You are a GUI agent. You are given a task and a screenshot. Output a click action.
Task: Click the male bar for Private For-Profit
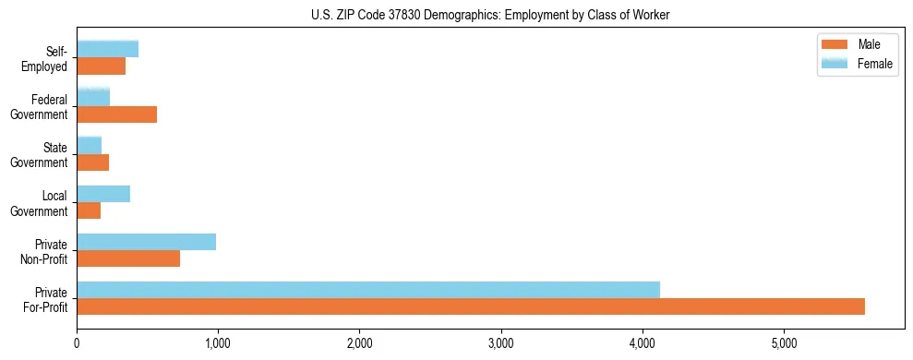click(471, 306)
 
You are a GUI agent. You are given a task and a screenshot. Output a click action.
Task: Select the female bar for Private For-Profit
click(368, 289)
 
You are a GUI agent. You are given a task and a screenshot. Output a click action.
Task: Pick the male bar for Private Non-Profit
click(128, 259)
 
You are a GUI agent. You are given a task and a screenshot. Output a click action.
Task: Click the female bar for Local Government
click(103, 194)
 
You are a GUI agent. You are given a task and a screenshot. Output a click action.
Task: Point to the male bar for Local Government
click(89, 211)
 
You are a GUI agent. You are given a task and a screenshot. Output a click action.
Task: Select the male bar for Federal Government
click(117, 114)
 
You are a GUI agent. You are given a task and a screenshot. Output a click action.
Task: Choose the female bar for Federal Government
click(93, 97)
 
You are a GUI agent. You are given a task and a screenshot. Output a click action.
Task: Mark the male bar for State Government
click(93, 162)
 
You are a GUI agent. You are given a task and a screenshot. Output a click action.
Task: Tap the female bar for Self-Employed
click(108, 49)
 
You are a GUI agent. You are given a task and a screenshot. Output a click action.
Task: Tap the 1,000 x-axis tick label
click(218, 343)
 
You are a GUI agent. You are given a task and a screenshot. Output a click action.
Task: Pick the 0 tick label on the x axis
click(77, 343)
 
